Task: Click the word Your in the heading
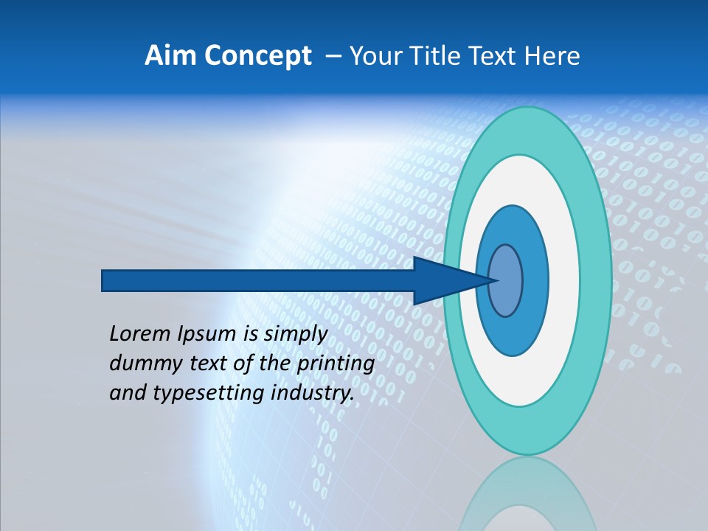tap(373, 56)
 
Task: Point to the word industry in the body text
tap(310, 393)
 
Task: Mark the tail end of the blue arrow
tap(105, 280)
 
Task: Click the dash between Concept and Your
tap(333, 56)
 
